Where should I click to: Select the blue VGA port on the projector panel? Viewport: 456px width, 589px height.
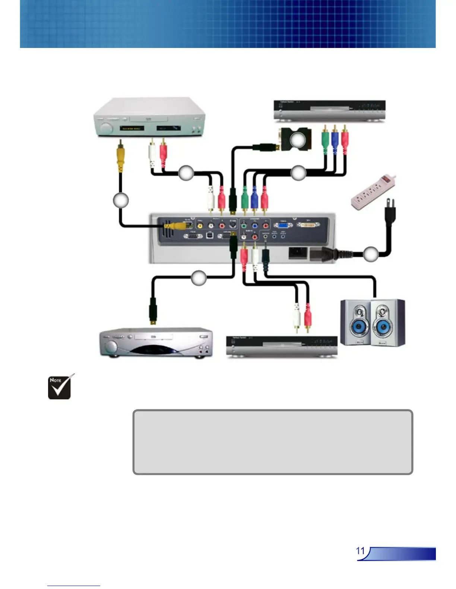283,225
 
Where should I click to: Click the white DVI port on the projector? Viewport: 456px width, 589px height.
308,225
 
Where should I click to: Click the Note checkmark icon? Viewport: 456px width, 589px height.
60,387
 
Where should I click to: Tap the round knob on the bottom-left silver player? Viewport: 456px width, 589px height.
111,348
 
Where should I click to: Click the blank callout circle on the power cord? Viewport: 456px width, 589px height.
371,254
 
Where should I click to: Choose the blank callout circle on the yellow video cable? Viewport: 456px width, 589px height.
121,200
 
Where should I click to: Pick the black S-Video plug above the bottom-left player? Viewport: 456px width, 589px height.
153,311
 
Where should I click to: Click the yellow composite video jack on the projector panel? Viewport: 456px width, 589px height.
200,225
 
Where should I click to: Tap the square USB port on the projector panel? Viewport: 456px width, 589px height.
210,236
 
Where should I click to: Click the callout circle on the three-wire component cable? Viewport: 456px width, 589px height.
298,173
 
